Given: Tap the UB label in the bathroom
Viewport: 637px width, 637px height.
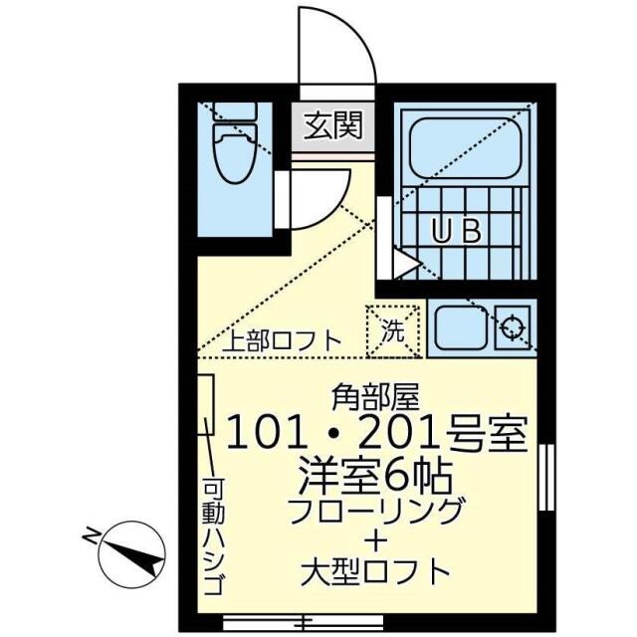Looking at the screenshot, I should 456,232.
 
